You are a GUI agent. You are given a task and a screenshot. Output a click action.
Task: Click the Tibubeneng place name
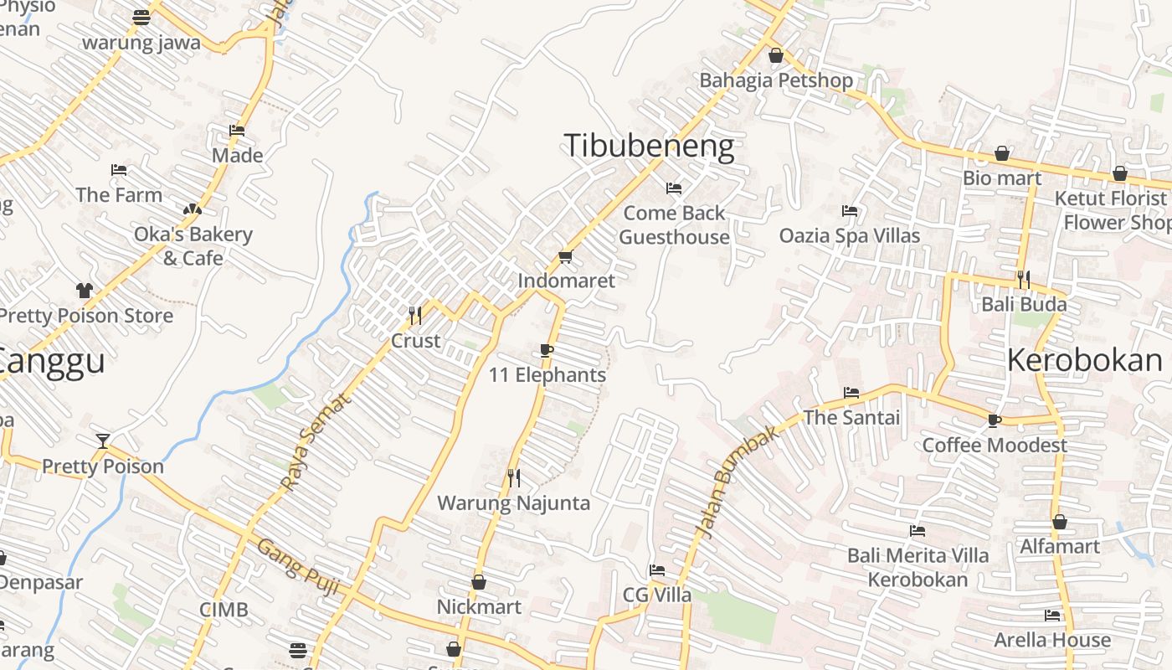pos(649,146)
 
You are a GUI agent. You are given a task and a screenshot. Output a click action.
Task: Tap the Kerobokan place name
pos(1084,360)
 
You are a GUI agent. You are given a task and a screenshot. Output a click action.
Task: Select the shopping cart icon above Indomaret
pos(565,256)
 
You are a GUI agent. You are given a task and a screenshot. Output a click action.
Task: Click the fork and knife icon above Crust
pos(414,315)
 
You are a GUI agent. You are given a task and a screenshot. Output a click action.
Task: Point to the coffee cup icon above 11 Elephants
pos(547,350)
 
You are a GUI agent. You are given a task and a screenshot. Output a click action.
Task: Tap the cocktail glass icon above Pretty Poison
pos(103,441)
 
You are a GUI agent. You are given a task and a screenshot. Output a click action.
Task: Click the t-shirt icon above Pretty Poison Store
pos(85,291)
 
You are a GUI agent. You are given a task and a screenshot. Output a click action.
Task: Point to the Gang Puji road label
pos(298,567)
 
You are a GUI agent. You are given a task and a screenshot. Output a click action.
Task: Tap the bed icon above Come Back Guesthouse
pos(674,188)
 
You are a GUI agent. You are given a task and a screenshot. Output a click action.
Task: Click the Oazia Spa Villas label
pos(850,236)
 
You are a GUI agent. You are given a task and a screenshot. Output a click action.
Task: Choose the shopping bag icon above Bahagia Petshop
pos(776,55)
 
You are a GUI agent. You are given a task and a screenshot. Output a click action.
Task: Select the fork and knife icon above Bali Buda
pos(1023,278)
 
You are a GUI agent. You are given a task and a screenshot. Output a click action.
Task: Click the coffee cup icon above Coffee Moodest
pos(994,420)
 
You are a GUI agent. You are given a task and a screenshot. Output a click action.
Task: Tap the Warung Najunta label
pos(514,503)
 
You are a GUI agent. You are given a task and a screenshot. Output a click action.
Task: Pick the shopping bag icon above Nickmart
pos(479,581)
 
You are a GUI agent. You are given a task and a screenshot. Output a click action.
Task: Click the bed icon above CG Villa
pos(657,570)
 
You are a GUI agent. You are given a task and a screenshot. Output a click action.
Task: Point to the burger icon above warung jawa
pos(141,17)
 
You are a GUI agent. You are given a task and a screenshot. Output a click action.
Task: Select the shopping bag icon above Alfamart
pos(1060,522)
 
